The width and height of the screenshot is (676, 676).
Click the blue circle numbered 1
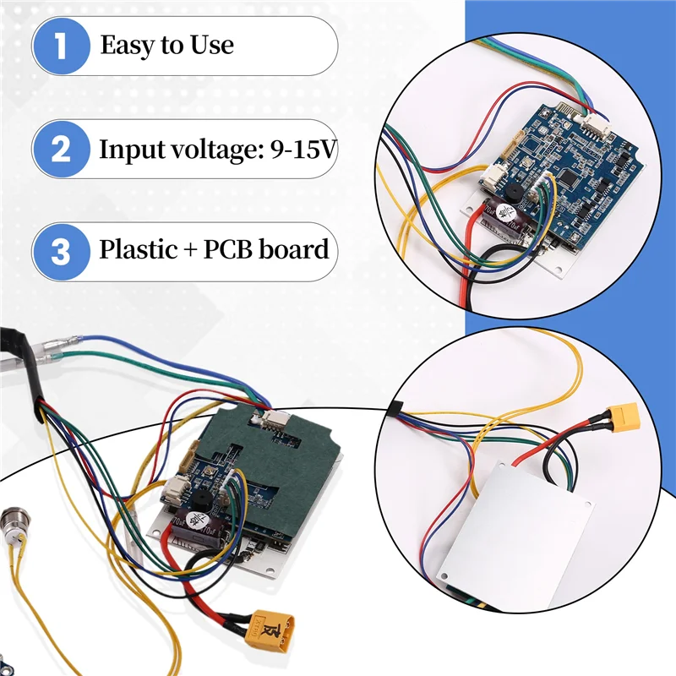(60, 46)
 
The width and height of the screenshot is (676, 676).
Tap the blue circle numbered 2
(60, 150)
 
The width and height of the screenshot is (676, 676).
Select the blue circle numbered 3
(60, 251)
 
